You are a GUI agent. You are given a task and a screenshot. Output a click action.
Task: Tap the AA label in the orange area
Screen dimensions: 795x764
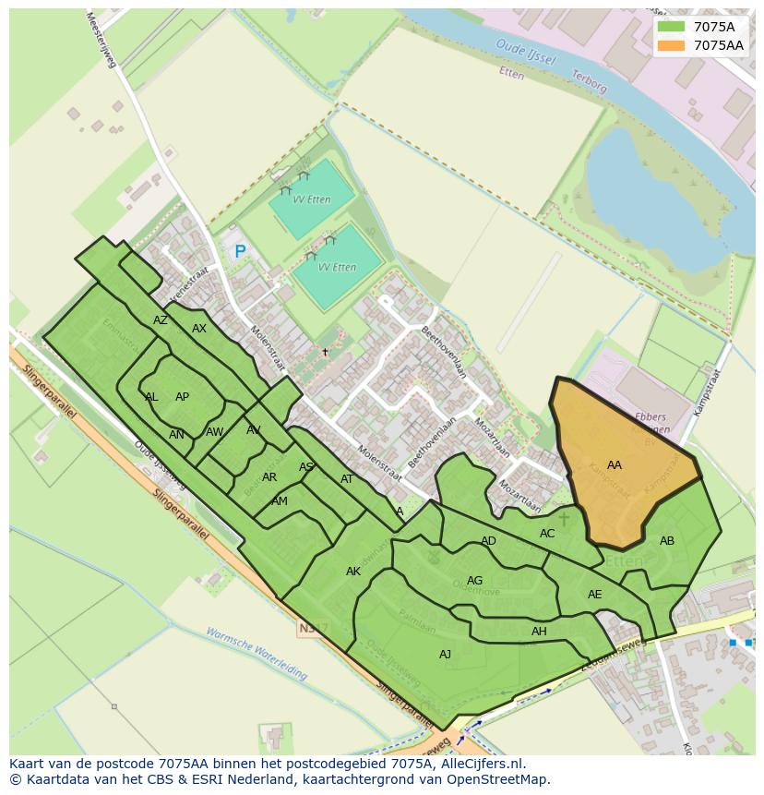615,465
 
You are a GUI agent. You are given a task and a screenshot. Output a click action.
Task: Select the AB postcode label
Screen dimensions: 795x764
667,541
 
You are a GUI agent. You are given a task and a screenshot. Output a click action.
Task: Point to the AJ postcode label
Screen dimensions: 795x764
446,655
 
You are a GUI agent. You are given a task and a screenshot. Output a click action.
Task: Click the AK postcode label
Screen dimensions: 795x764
353,572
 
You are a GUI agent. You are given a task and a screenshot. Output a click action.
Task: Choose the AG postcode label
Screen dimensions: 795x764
475,581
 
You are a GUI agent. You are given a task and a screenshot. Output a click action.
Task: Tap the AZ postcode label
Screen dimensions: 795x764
161,320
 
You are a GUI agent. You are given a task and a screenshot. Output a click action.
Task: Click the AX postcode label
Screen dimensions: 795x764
199,329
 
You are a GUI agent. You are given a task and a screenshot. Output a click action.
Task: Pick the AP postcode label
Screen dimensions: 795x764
182,397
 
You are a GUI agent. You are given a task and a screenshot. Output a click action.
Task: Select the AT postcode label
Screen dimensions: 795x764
347,479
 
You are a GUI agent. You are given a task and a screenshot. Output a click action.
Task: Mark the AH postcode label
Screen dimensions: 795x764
539,632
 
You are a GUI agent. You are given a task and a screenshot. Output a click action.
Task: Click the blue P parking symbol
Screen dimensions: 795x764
240,251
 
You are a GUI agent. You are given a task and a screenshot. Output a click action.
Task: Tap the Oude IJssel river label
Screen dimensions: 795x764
525,52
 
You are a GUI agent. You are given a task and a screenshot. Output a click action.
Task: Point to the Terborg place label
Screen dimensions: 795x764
590,82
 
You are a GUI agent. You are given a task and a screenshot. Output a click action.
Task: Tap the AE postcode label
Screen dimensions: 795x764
595,595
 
